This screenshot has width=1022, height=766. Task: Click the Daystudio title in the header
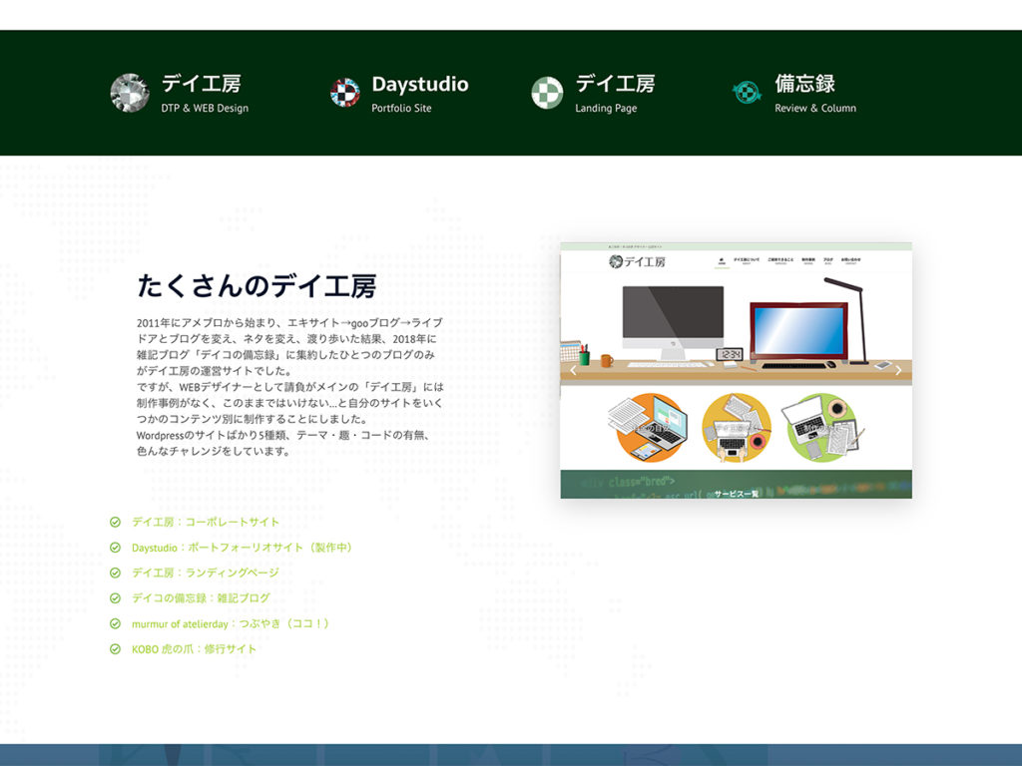(x=419, y=85)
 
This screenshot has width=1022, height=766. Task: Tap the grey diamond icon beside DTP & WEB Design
(x=130, y=93)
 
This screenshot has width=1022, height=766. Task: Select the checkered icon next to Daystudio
(x=344, y=93)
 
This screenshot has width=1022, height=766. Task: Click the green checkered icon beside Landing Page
(x=547, y=93)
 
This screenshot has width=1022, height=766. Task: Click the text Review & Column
(x=814, y=108)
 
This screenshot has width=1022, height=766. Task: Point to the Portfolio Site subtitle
(x=401, y=108)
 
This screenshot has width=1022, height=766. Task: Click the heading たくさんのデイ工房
(x=256, y=287)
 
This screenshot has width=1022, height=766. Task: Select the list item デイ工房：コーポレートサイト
(x=206, y=522)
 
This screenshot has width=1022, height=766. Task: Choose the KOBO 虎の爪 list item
(x=194, y=649)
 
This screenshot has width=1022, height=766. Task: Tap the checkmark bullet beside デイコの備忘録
(x=115, y=598)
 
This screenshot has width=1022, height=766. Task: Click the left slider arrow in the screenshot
(x=573, y=371)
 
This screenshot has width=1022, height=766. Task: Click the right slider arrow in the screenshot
(x=898, y=371)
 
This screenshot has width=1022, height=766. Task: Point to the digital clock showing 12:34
(x=730, y=354)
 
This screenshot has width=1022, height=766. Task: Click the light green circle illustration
(x=820, y=428)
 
